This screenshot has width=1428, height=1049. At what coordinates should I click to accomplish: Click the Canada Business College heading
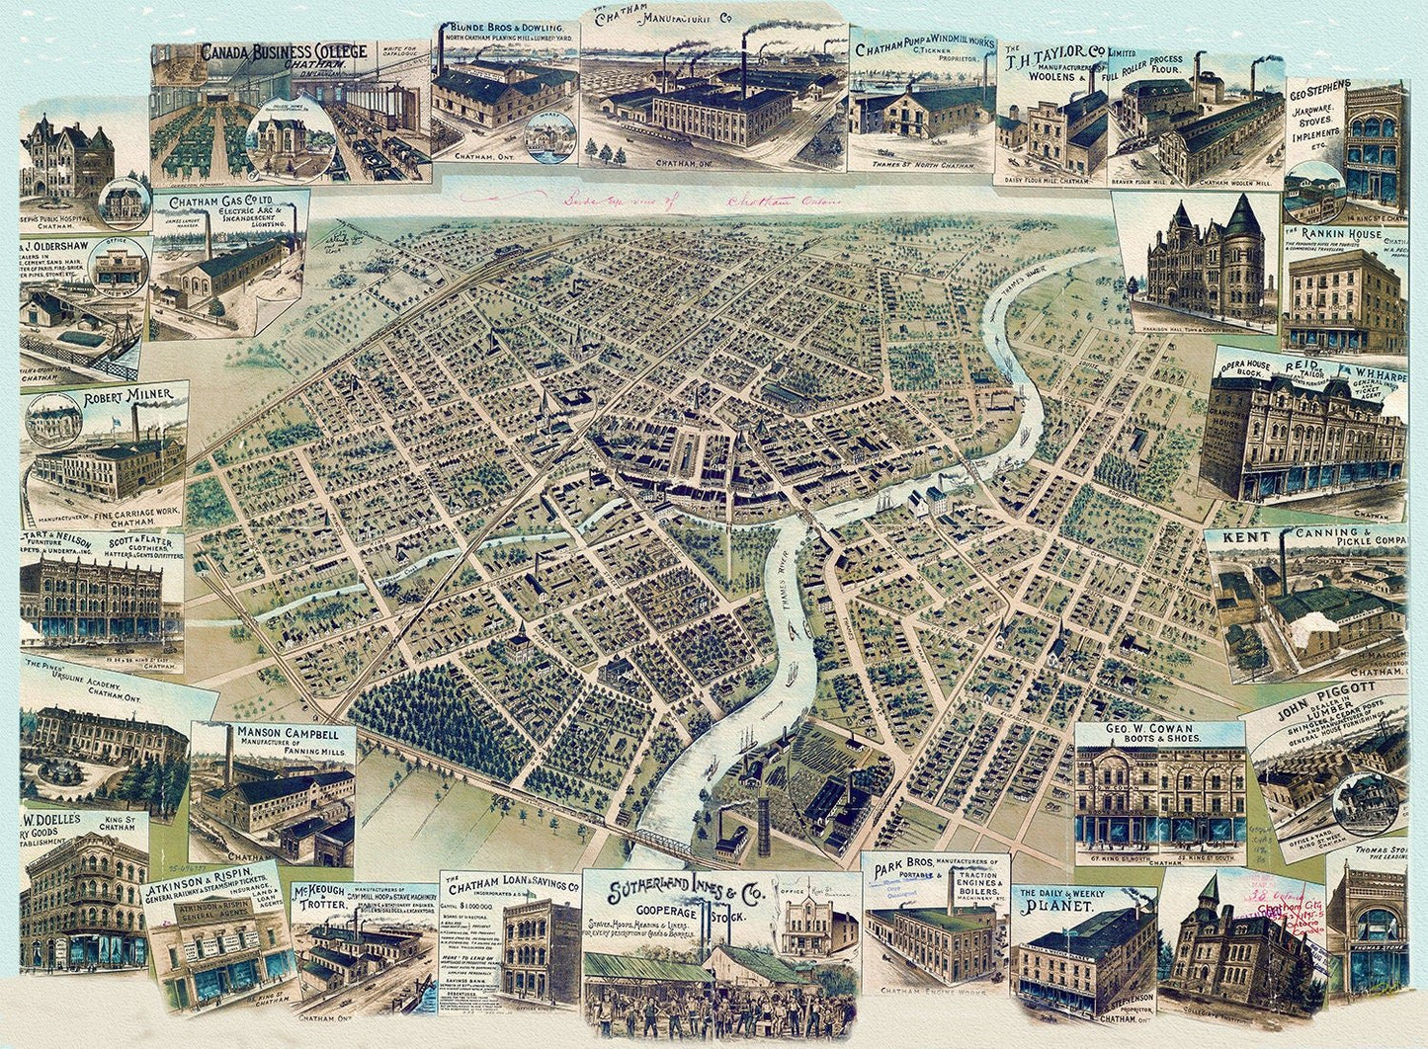point(283,52)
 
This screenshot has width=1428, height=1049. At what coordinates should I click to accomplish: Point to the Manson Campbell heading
point(282,734)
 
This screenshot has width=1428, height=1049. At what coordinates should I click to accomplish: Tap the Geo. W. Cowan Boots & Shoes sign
point(1159,733)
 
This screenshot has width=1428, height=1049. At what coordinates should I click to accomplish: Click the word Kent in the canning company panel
point(1246,538)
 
